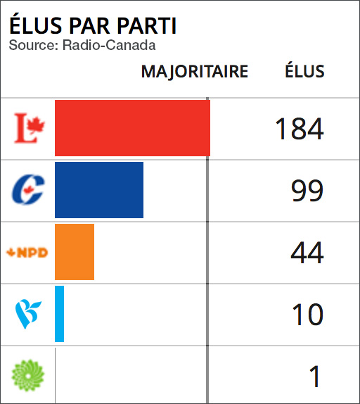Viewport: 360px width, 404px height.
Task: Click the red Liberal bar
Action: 132,128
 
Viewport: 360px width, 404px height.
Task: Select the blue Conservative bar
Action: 99,190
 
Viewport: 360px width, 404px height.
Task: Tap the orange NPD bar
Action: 75,252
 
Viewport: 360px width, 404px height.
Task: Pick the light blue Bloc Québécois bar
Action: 60,314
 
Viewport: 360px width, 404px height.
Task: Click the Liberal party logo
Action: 30,128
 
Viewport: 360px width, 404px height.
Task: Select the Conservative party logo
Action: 29,190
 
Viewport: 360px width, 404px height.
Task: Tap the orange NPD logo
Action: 27,253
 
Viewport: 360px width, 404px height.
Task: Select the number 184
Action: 299,129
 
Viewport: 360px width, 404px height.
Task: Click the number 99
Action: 307,191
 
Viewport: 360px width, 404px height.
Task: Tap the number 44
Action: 307,253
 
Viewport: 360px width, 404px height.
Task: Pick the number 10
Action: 307,315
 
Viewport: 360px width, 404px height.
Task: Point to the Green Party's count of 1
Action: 315,377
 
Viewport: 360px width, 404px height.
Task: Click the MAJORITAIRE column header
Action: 195,72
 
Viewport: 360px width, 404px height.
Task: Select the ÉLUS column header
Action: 304,71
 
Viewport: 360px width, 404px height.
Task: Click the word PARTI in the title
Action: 146,26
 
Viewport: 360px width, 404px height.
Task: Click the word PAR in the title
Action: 90,26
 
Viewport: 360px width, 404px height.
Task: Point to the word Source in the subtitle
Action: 29,46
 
